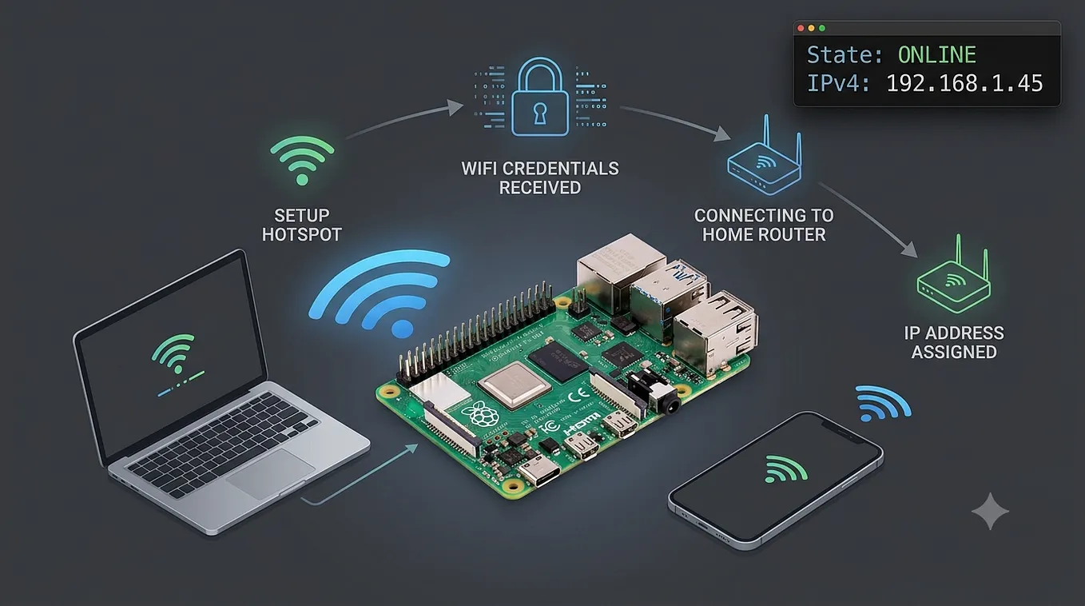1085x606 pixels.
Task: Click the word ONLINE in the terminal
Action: click(936, 55)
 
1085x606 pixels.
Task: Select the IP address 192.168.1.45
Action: click(964, 83)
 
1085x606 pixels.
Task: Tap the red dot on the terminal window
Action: click(801, 28)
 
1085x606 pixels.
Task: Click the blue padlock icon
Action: click(540, 97)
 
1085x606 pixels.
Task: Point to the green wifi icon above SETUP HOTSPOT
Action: click(302, 160)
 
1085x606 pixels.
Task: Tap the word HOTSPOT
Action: click(302, 234)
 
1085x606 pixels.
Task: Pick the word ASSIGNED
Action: click(954, 352)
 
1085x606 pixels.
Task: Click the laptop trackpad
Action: click(271, 473)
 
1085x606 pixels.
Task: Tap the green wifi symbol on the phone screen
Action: click(785, 468)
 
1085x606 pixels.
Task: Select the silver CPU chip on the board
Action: click(515, 385)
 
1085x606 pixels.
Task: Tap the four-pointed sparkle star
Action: click(990, 511)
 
